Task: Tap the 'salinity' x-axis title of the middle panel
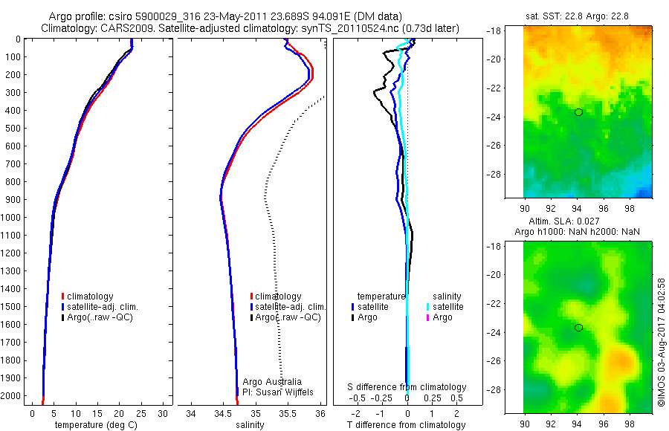(249, 425)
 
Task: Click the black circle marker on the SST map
(578, 112)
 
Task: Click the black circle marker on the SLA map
(578, 328)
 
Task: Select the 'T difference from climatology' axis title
(406, 425)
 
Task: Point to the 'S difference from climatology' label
(407, 387)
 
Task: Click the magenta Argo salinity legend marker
(427, 317)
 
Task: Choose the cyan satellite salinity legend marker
(427, 307)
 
